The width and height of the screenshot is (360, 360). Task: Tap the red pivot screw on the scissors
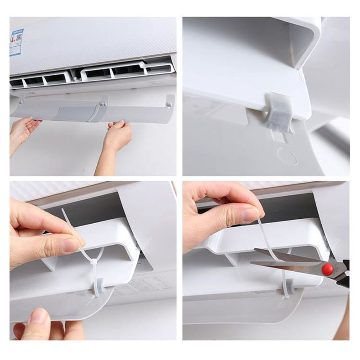point(327,269)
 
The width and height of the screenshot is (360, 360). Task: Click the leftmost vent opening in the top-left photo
point(17,82)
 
